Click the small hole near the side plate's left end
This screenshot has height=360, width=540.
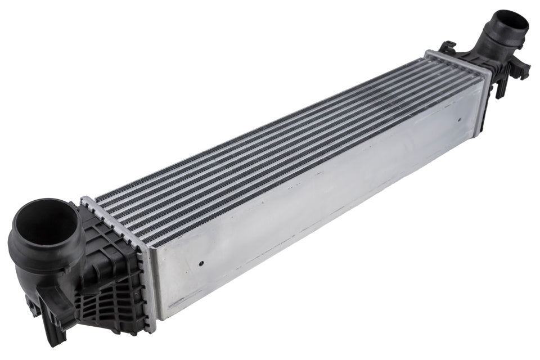(201, 262)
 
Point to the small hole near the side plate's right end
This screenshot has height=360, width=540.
(458, 120)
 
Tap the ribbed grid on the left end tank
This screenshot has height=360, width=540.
(115, 276)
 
